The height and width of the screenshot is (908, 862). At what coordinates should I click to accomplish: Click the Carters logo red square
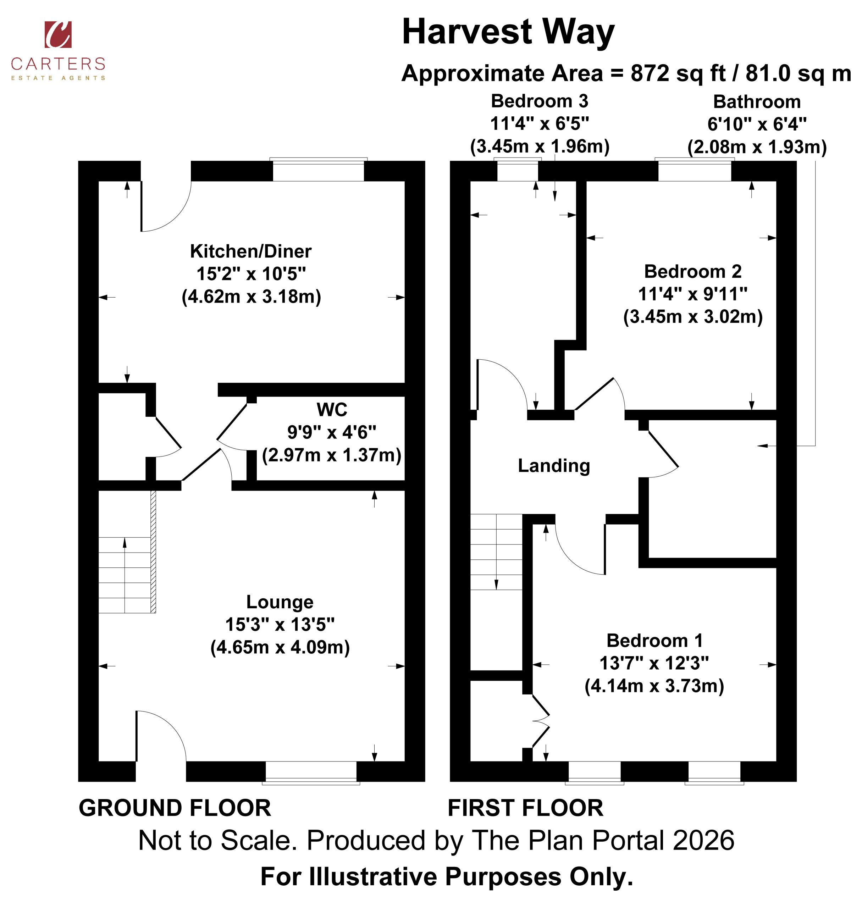58,34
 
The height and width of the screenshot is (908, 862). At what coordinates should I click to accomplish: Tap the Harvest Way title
508,32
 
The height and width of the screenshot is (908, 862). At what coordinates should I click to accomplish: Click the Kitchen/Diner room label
251,251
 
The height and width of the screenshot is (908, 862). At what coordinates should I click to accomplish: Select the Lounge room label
280,602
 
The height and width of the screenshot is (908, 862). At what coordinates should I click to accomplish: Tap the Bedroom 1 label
654,640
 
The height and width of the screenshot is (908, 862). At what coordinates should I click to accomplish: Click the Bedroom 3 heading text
540,101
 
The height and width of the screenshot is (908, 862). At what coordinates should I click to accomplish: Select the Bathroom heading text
757,101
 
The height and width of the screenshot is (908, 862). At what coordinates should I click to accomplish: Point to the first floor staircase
496,552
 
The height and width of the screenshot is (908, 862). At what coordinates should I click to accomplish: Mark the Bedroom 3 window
518,170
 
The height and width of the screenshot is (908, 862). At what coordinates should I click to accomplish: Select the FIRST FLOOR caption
525,808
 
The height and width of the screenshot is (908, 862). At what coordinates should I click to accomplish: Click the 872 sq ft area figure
678,73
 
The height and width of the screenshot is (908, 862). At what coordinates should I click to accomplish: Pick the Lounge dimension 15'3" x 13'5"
280,625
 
